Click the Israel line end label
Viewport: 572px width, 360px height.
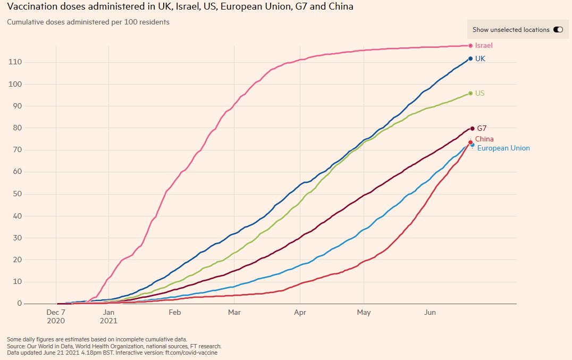click(484, 46)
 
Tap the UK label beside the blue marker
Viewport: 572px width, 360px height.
click(480, 59)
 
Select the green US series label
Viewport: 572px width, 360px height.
click(480, 94)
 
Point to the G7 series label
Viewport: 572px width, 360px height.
click(482, 128)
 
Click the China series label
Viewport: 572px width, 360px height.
click(484, 139)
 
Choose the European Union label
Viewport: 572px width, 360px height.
click(503, 148)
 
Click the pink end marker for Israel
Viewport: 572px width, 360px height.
click(470, 46)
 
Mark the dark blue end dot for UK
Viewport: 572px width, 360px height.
click(470, 58)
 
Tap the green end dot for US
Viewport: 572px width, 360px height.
click(470, 94)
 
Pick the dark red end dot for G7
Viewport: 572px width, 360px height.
click(472, 128)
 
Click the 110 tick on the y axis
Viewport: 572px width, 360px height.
click(15, 62)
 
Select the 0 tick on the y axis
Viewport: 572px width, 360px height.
click(20, 304)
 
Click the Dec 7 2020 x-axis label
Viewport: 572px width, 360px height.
click(56, 316)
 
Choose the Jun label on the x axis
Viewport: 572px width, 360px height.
click(430, 313)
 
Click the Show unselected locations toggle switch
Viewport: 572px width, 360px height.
click(558, 30)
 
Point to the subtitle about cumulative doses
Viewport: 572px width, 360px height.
click(88, 22)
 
